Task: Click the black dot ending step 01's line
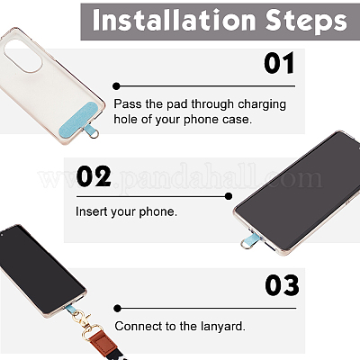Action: pyautogui.click(x=117, y=85)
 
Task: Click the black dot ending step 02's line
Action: pyautogui.click(x=241, y=194)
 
